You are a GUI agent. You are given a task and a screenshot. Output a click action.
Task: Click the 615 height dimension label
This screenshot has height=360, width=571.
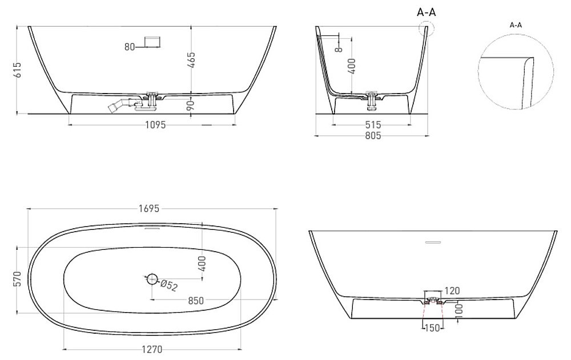point(18,70)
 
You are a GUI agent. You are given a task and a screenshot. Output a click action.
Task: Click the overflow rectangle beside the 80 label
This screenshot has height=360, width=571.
point(152,42)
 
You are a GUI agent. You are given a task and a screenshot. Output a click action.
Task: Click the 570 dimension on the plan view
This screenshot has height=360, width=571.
point(18,280)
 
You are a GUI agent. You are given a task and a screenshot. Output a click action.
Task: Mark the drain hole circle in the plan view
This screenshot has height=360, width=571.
point(151,279)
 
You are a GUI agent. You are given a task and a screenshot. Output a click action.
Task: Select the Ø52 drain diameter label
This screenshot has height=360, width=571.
point(170,286)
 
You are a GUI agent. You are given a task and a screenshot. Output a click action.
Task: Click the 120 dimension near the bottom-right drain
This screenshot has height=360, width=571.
point(452,291)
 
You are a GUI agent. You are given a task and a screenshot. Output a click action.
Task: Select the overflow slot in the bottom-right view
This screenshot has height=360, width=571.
point(433,242)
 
